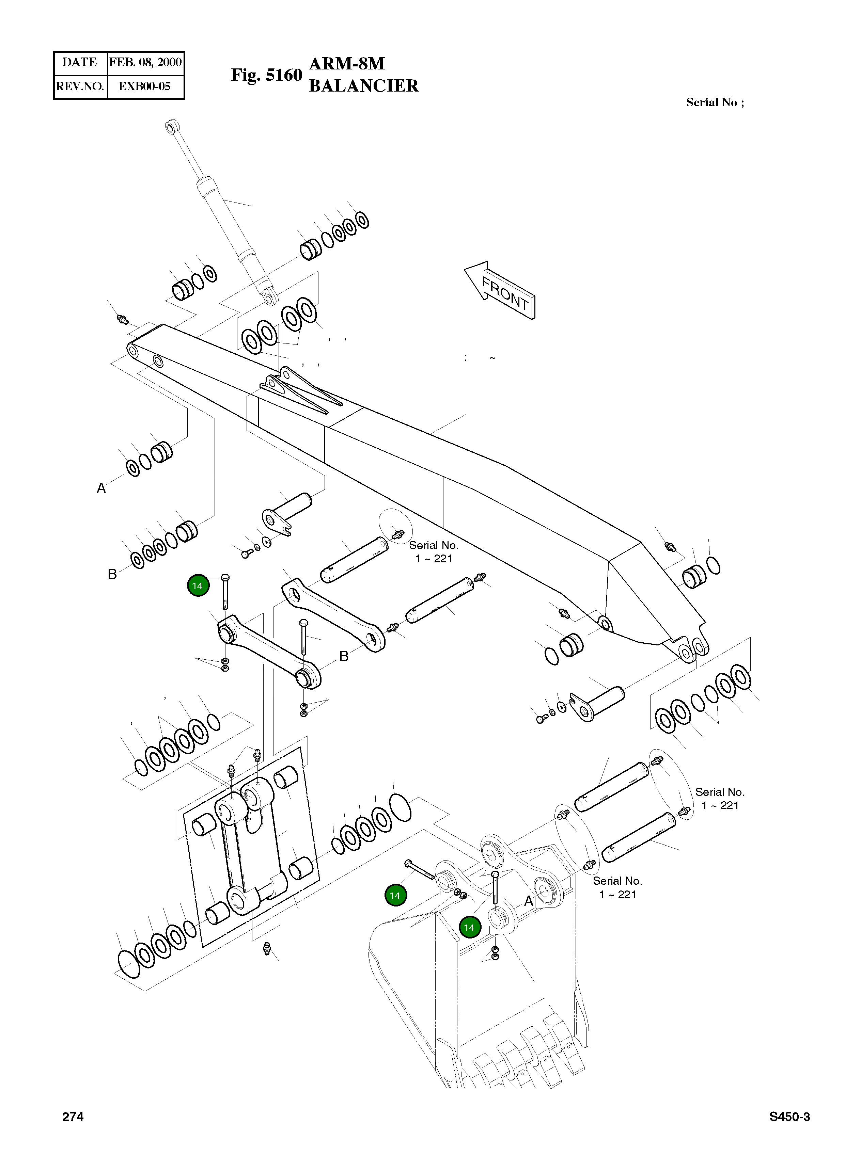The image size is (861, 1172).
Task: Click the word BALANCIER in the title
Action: pyautogui.click(x=363, y=86)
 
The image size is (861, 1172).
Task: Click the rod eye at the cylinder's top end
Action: pyautogui.click(x=170, y=126)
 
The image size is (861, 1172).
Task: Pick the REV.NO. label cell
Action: pyautogui.click(x=80, y=86)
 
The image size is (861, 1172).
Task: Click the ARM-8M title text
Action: pyautogui.click(x=347, y=64)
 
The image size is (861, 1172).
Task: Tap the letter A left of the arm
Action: pyautogui.click(x=101, y=488)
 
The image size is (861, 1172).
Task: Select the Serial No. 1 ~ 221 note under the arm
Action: pyautogui.click(x=433, y=552)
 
